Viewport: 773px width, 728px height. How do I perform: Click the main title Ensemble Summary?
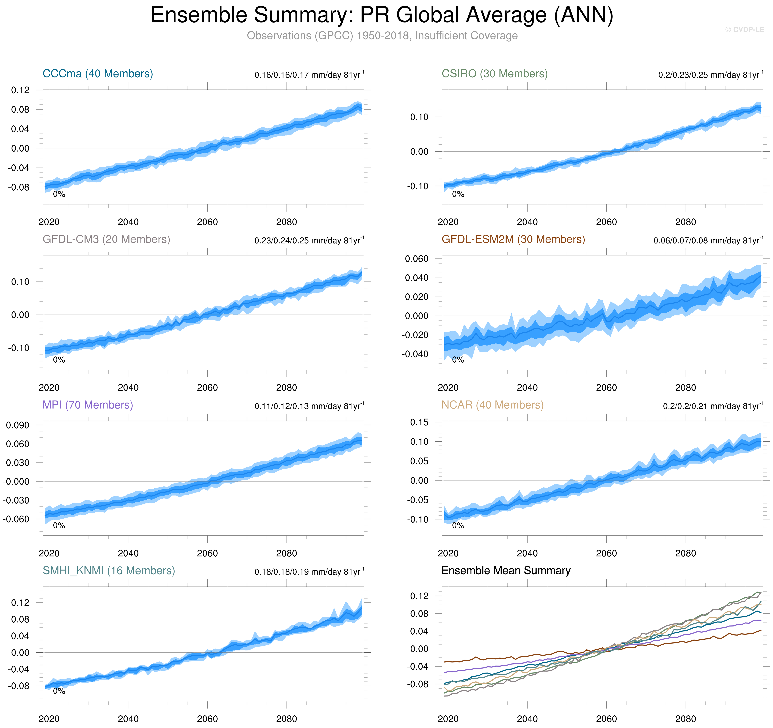[382, 16]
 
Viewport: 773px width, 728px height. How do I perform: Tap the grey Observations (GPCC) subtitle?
[382, 36]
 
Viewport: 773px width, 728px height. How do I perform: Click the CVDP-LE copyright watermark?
[744, 30]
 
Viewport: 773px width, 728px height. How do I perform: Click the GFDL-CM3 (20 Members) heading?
[106, 239]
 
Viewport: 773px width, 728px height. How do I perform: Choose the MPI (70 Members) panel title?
[87, 405]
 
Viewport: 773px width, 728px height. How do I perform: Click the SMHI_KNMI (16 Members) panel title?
[109, 571]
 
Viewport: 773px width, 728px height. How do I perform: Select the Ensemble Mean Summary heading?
[506, 571]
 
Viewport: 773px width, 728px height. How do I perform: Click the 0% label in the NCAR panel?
[458, 526]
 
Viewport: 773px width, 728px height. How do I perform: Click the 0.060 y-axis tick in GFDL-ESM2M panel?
[416, 259]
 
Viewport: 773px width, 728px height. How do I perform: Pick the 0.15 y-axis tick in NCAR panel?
[419, 422]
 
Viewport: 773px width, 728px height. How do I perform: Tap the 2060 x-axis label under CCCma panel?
[207, 222]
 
